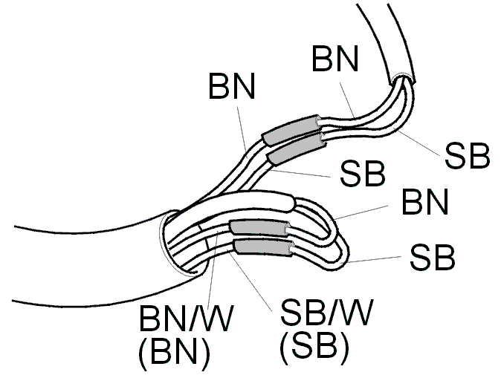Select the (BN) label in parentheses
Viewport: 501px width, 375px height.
175,352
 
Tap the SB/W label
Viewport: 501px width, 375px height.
326,312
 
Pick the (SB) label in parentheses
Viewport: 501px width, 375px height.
314,346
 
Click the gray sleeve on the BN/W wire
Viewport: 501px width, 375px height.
259,229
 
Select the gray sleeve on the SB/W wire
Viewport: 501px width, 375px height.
264,248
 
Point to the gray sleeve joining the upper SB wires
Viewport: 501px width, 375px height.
296,149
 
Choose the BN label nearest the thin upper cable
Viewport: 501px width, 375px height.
335,59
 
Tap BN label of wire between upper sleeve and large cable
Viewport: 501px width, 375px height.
232,86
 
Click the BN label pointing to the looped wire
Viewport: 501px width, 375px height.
425,202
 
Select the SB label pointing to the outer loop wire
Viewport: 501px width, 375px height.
432,257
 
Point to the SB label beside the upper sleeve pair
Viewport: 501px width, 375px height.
363,174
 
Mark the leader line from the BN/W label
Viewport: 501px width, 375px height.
213,268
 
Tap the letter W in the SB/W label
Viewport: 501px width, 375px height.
355,312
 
